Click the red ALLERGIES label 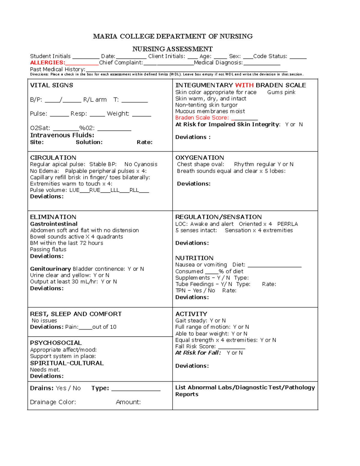coord(47,63)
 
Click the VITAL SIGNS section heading coord(52,85)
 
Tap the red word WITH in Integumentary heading coord(244,85)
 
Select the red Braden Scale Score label coord(202,118)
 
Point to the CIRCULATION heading coord(53,158)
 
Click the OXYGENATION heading coord(199,158)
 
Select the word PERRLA coord(287,224)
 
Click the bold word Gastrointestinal coord(54,224)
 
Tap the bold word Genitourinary coord(50,269)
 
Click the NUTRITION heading coord(194,258)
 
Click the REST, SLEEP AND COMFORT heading coord(76,314)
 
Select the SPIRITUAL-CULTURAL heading coord(67,363)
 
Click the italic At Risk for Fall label coord(198,353)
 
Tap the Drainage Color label coord(53,402)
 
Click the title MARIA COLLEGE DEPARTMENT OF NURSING coord(173,36)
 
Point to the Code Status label coord(270,56)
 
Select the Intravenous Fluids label coord(62,135)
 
